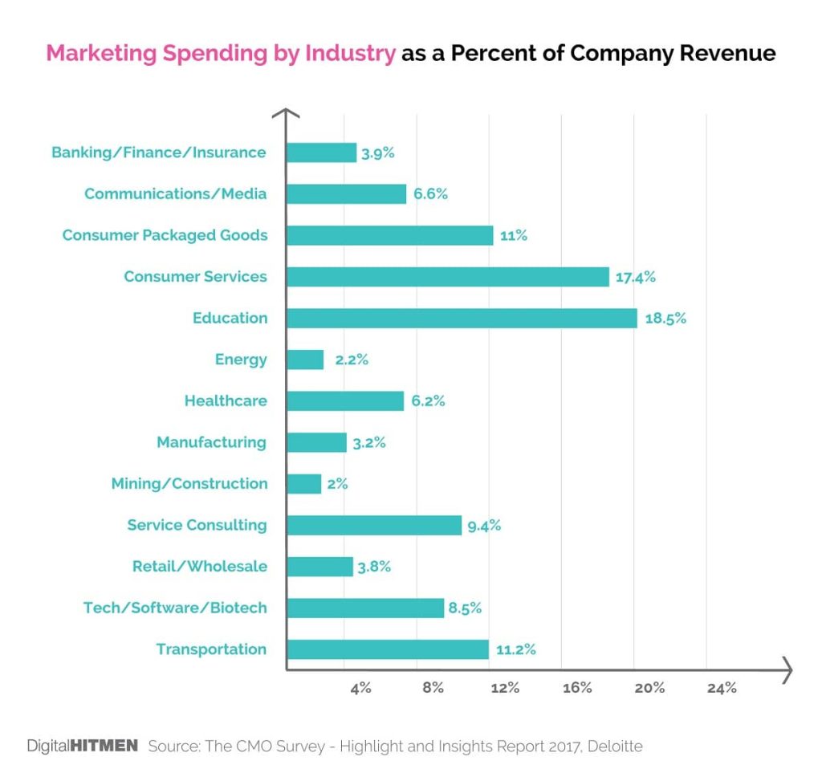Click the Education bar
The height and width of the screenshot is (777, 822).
[x=462, y=318]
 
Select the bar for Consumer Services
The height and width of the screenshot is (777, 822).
[x=447, y=277]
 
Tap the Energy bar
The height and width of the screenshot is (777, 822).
[x=305, y=360]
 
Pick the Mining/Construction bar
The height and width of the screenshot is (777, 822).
[x=303, y=483]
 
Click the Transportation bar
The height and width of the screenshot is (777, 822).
[x=387, y=649]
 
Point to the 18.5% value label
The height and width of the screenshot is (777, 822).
[x=665, y=318]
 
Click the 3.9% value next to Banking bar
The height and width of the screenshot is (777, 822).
[x=377, y=153]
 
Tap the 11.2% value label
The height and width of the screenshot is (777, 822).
[x=515, y=649]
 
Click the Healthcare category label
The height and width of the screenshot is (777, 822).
[x=226, y=401]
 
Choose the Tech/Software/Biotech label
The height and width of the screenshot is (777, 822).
[x=175, y=608]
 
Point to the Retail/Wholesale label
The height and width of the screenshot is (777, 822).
[x=200, y=567]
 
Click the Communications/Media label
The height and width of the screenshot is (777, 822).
[x=176, y=193]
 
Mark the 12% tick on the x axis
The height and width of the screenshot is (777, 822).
[x=505, y=688]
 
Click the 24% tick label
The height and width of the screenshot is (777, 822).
[x=722, y=688]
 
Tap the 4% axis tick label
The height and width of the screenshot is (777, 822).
[x=360, y=688]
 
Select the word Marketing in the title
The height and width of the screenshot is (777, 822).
[x=101, y=54]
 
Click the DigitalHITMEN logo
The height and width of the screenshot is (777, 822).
[x=83, y=746]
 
